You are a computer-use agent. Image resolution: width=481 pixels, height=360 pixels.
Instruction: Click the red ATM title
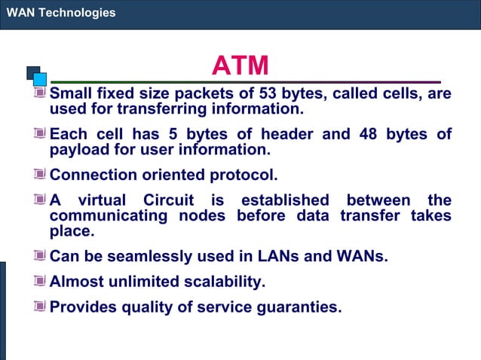240,66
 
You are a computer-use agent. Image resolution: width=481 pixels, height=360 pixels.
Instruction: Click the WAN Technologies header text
60,13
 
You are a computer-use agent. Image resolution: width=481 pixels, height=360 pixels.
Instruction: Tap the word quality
145,307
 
